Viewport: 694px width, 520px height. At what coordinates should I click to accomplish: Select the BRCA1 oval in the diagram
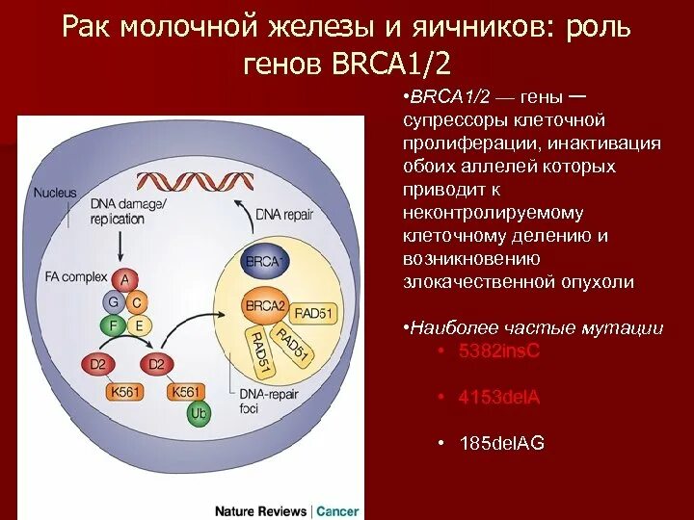pos(263,261)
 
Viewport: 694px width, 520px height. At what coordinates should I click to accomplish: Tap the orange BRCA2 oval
pos(266,306)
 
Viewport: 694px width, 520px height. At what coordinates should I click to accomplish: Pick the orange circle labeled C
pos(137,301)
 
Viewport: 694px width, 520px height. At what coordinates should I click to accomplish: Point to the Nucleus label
pos(54,193)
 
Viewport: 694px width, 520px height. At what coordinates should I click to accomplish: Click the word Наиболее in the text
pos(450,327)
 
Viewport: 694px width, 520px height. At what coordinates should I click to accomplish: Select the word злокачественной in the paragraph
pos(479,281)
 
